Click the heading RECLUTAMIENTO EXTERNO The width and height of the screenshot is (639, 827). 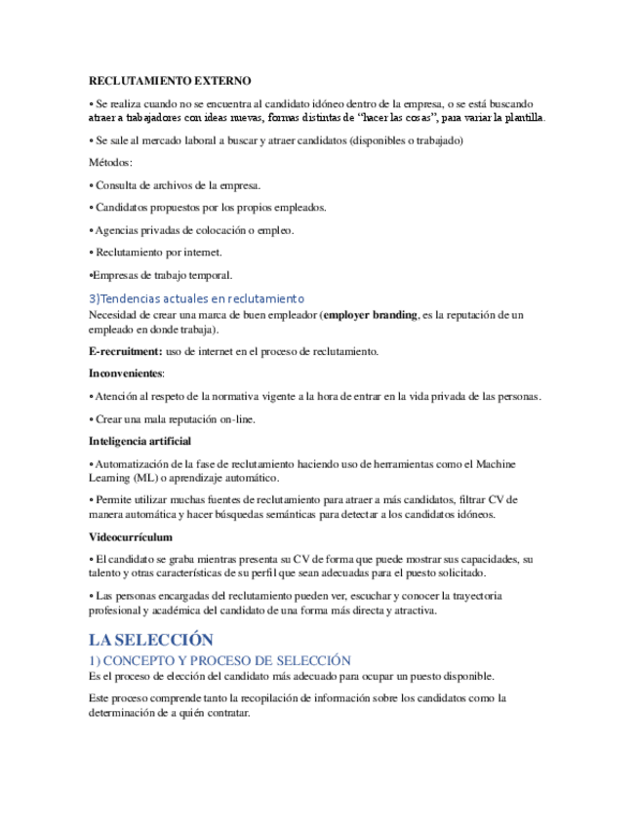(170, 81)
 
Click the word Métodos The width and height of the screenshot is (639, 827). (109, 162)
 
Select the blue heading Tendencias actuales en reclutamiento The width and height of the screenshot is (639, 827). (197, 298)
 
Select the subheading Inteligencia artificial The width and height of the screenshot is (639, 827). (140, 441)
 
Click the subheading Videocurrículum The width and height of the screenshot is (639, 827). (131, 536)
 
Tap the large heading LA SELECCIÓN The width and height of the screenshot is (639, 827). (150, 640)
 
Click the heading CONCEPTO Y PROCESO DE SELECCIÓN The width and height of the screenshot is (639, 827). (220, 660)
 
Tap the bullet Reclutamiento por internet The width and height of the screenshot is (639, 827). (150, 253)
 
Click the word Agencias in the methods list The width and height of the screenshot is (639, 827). (118, 230)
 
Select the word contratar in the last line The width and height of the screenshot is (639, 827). (225, 712)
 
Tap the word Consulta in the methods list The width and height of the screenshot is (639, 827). (117, 184)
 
